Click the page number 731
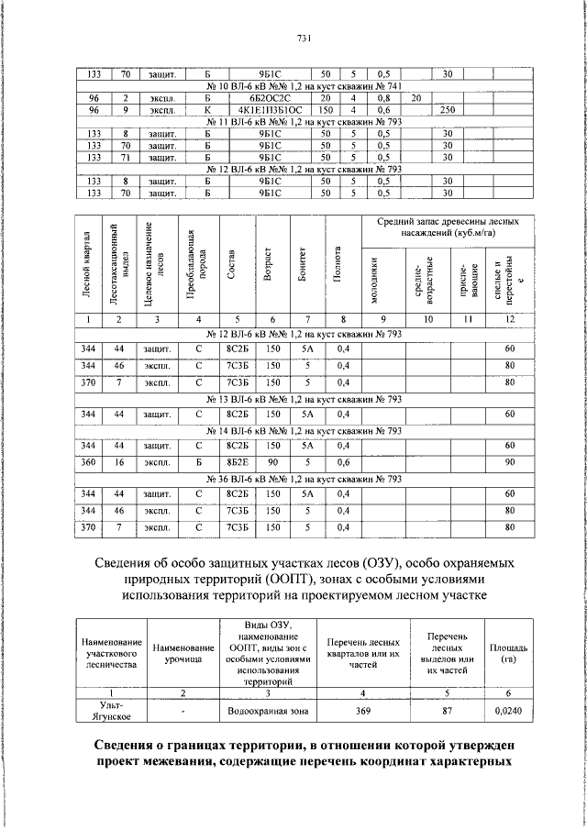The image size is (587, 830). [x=305, y=38]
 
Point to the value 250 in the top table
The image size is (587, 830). [x=448, y=110]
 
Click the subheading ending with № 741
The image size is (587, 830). [x=305, y=86]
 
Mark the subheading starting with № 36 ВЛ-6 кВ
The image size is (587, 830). [x=305, y=479]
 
